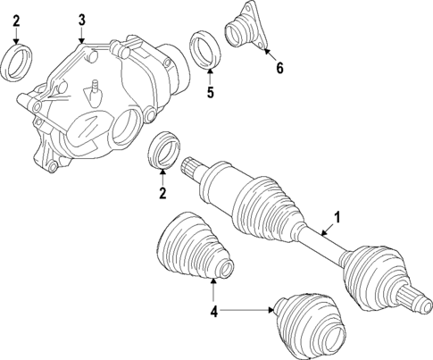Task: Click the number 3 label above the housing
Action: coord(81,19)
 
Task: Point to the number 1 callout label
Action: coord(337,216)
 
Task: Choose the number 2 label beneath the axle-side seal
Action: coord(162,192)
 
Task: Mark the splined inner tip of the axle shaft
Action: coord(191,168)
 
